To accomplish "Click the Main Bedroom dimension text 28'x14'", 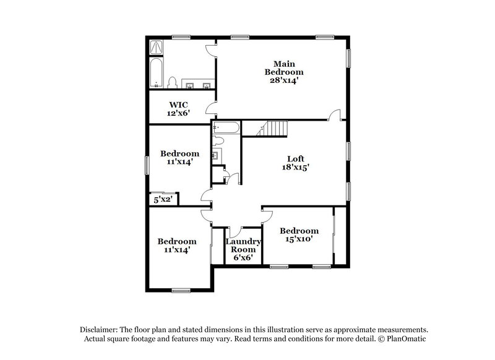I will [x=284, y=80].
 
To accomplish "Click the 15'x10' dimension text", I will [x=298, y=239].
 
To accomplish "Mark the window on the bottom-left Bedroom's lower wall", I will [x=180, y=289].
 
